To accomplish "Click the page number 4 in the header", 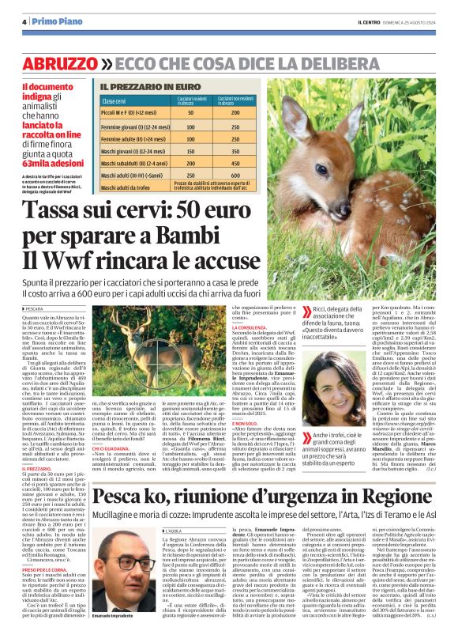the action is (x=24, y=21).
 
